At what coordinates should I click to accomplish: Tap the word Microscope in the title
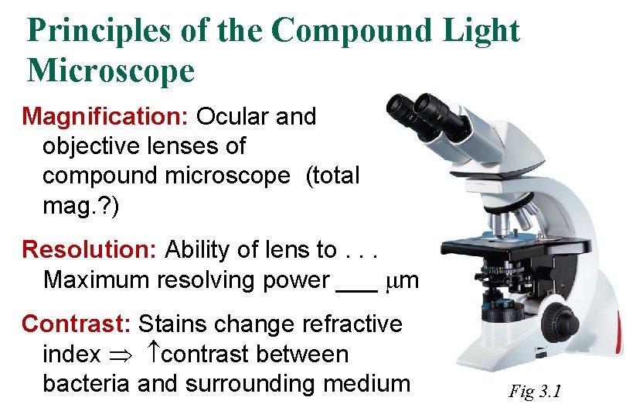[111, 71]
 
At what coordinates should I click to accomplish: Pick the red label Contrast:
[78, 324]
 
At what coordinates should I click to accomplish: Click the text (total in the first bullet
[333, 176]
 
